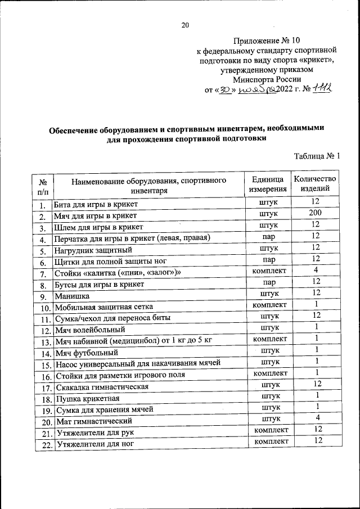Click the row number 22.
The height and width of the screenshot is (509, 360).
(x=43, y=445)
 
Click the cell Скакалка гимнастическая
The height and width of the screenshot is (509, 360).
(x=102, y=388)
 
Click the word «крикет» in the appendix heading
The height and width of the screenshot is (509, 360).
(x=317, y=60)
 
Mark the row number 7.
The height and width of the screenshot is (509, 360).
(x=42, y=274)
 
